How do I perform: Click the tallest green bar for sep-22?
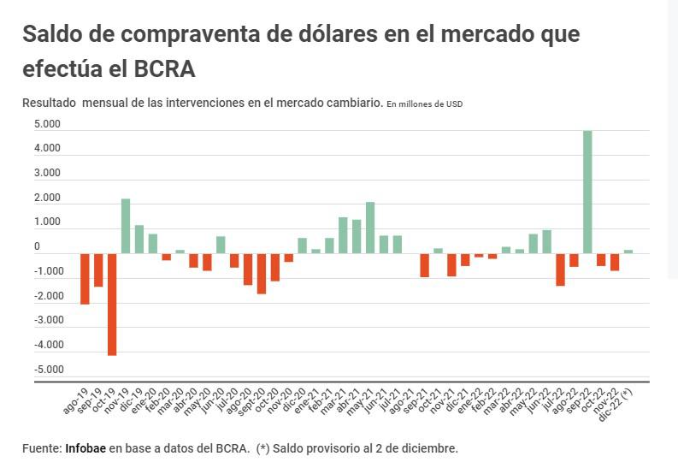click(x=587, y=192)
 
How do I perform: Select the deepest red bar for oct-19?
click(x=111, y=304)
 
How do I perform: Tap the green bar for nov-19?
click(x=125, y=226)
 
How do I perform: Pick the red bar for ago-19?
click(x=85, y=278)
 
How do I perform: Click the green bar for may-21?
click(x=370, y=228)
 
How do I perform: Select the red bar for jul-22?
click(x=560, y=269)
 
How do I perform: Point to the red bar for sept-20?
click(x=261, y=273)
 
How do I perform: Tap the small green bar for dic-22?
click(x=628, y=252)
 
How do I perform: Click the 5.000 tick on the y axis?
click(x=47, y=124)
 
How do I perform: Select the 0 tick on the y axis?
click(x=37, y=246)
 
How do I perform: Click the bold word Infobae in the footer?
click(x=85, y=447)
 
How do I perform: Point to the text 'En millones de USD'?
click(x=425, y=104)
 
